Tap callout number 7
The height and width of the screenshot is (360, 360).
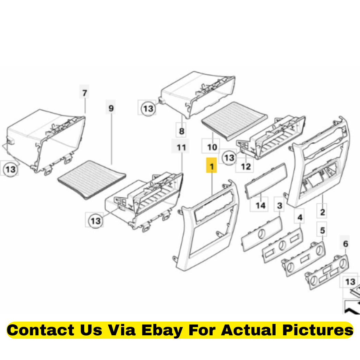click(x=84, y=93)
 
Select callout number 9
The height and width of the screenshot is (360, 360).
click(x=111, y=108)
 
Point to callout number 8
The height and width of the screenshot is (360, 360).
click(x=181, y=131)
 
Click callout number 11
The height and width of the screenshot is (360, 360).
click(x=181, y=147)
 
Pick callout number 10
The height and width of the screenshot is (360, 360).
click(x=212, y=147)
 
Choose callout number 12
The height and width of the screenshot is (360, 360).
click(x=245, y=166)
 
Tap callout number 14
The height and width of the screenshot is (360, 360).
click(x=260, y=205)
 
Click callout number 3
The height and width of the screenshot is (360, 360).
click(x=279, y=205)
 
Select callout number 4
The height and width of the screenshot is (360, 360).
click(x=300, y=217)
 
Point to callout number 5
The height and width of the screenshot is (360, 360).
click(x=322, y=230)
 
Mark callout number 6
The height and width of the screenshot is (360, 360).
click(x=345, y=243)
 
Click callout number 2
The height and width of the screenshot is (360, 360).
click(x=322, y=212)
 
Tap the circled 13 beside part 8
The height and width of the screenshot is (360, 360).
click(x=148, y=108)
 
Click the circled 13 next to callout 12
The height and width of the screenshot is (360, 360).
click(x=229, y=157)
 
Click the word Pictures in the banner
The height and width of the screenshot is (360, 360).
click(x=318, y=330)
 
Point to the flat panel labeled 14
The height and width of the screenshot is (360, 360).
click(x=266, y=181)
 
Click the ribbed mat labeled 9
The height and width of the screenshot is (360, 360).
click(x=92, y=179)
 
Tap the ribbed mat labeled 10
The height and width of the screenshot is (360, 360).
click(x=235, y=121)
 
